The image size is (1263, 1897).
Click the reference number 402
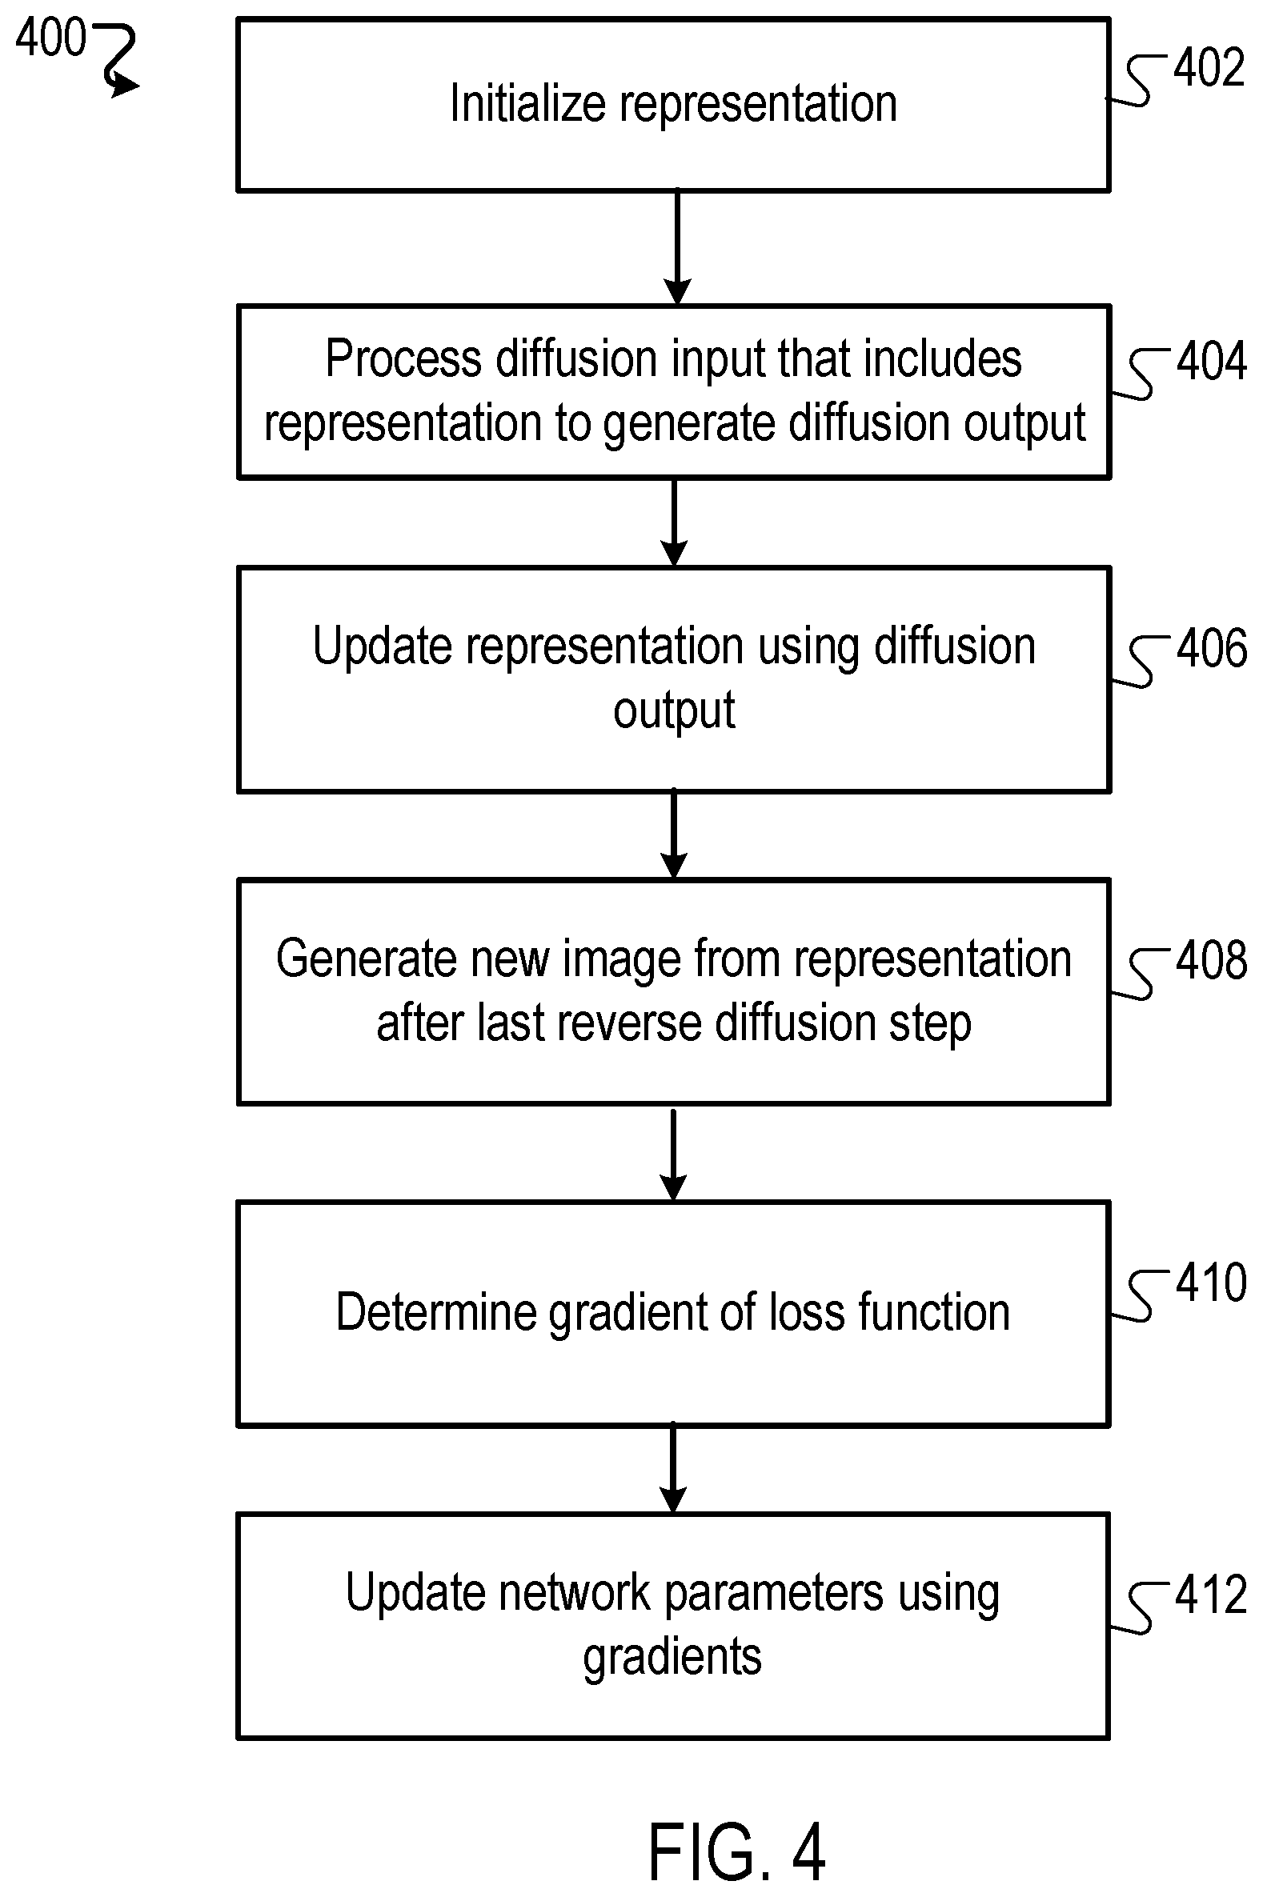click(x=1209, y=68)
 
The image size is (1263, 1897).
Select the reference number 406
click(x=1212, y=648)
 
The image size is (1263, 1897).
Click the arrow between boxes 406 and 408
click(x=673, y=834)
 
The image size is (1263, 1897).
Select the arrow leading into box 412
click(x=672, y=1469)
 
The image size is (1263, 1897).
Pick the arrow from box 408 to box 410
click(x=672, y=1152)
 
